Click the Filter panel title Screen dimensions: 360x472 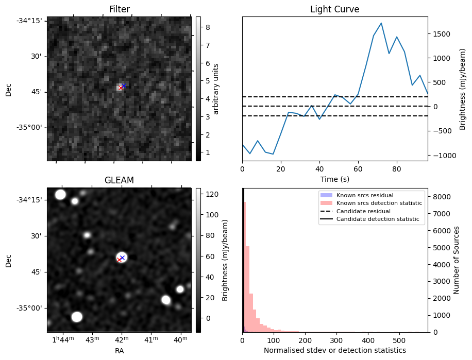tap(119, 9)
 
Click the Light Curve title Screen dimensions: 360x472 tap(334, 9)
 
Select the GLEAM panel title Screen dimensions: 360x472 tap(119, 180)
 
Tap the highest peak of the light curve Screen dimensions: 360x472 tap(381, 23)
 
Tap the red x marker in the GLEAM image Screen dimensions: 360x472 tap(120, 260)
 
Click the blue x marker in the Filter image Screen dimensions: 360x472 tap(124, 85)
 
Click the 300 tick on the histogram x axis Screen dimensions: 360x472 tap(336, 340)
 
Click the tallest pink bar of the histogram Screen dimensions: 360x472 tap(244, 258)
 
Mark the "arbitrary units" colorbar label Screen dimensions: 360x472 tap(216, 89)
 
